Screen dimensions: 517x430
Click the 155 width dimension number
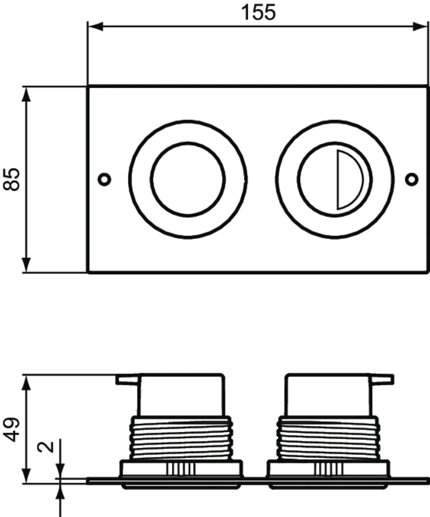[x=258, y=12]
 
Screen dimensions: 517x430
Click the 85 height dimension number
[x=13, y=179]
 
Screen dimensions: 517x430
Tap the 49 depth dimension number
[x=13, y=429]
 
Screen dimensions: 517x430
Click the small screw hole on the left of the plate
[x=105, y=178]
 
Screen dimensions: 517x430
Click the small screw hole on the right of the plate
[x=412, y=178]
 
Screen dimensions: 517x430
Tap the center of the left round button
[x=188, y=179]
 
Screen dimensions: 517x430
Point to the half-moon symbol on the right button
[x=348, y=179]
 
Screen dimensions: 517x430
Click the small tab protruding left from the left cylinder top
[x=127, y=380]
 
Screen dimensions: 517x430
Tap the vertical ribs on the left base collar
[x=181, y=469]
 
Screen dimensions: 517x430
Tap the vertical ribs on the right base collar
[x=329, y=469]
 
